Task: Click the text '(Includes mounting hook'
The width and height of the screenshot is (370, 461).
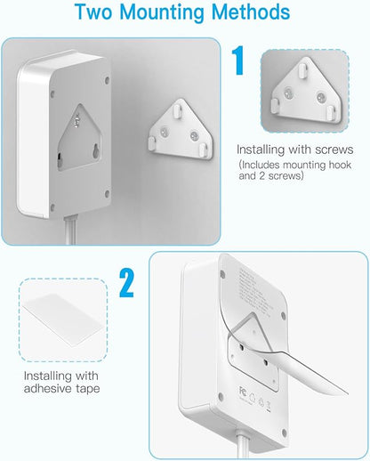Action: pos(297,166)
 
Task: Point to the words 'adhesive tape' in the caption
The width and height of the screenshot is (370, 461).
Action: pos(63,388)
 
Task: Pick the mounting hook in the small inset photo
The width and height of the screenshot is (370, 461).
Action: pos(305,93)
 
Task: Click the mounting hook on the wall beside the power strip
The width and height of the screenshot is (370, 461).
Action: pos(179,130)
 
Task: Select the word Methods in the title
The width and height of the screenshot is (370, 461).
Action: pos(252,13)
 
